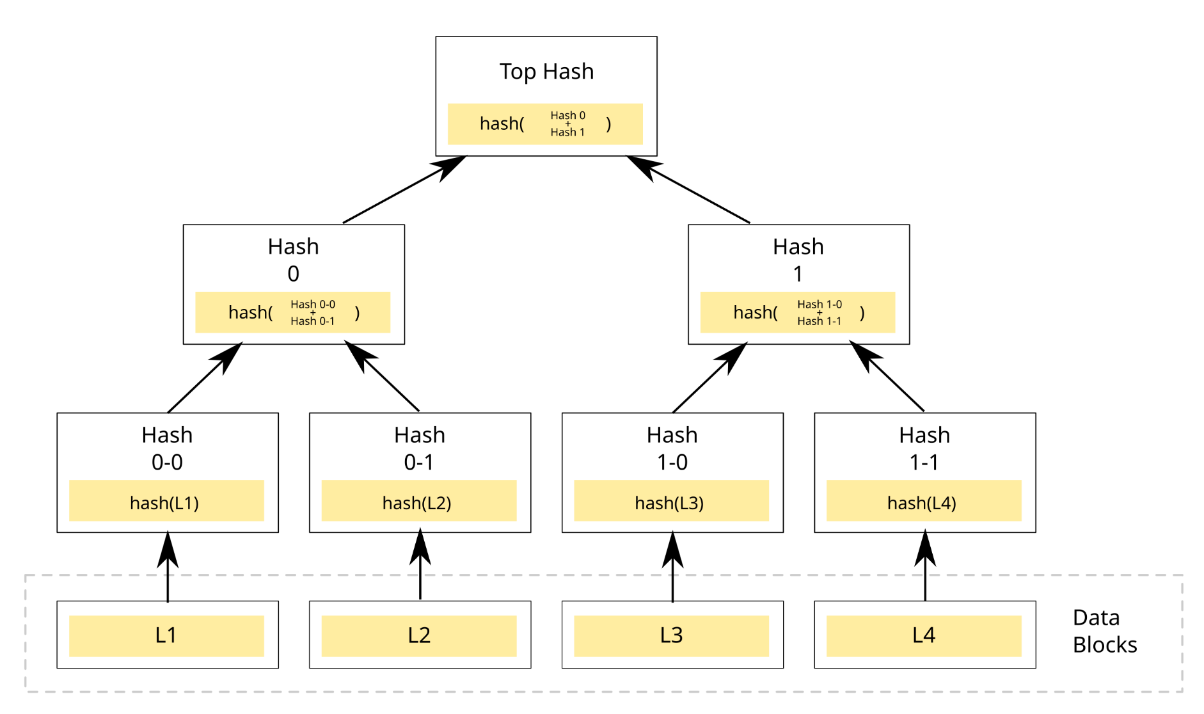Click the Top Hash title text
click(x=546, y=71)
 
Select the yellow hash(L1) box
click(x=166, y=501)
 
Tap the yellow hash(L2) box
click(x=419, y=501)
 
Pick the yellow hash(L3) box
click(x=671, y=501)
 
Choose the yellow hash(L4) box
click(x=924, y=501)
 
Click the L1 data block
click(x=166, y=635)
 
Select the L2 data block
click(x=419, y=635)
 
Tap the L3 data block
click(x=671, y=635)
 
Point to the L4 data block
click(x=924, y=635)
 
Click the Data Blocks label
click(x=1104, y=631)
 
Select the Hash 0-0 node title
click(x=167, y=448)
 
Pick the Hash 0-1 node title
click(x=419, y=448)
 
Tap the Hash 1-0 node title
click(x=672, y=448)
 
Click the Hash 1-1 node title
click(x=924, y=448)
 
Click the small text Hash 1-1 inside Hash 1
click(x=819, y=321)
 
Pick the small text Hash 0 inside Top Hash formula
click(x=567, y=115)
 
